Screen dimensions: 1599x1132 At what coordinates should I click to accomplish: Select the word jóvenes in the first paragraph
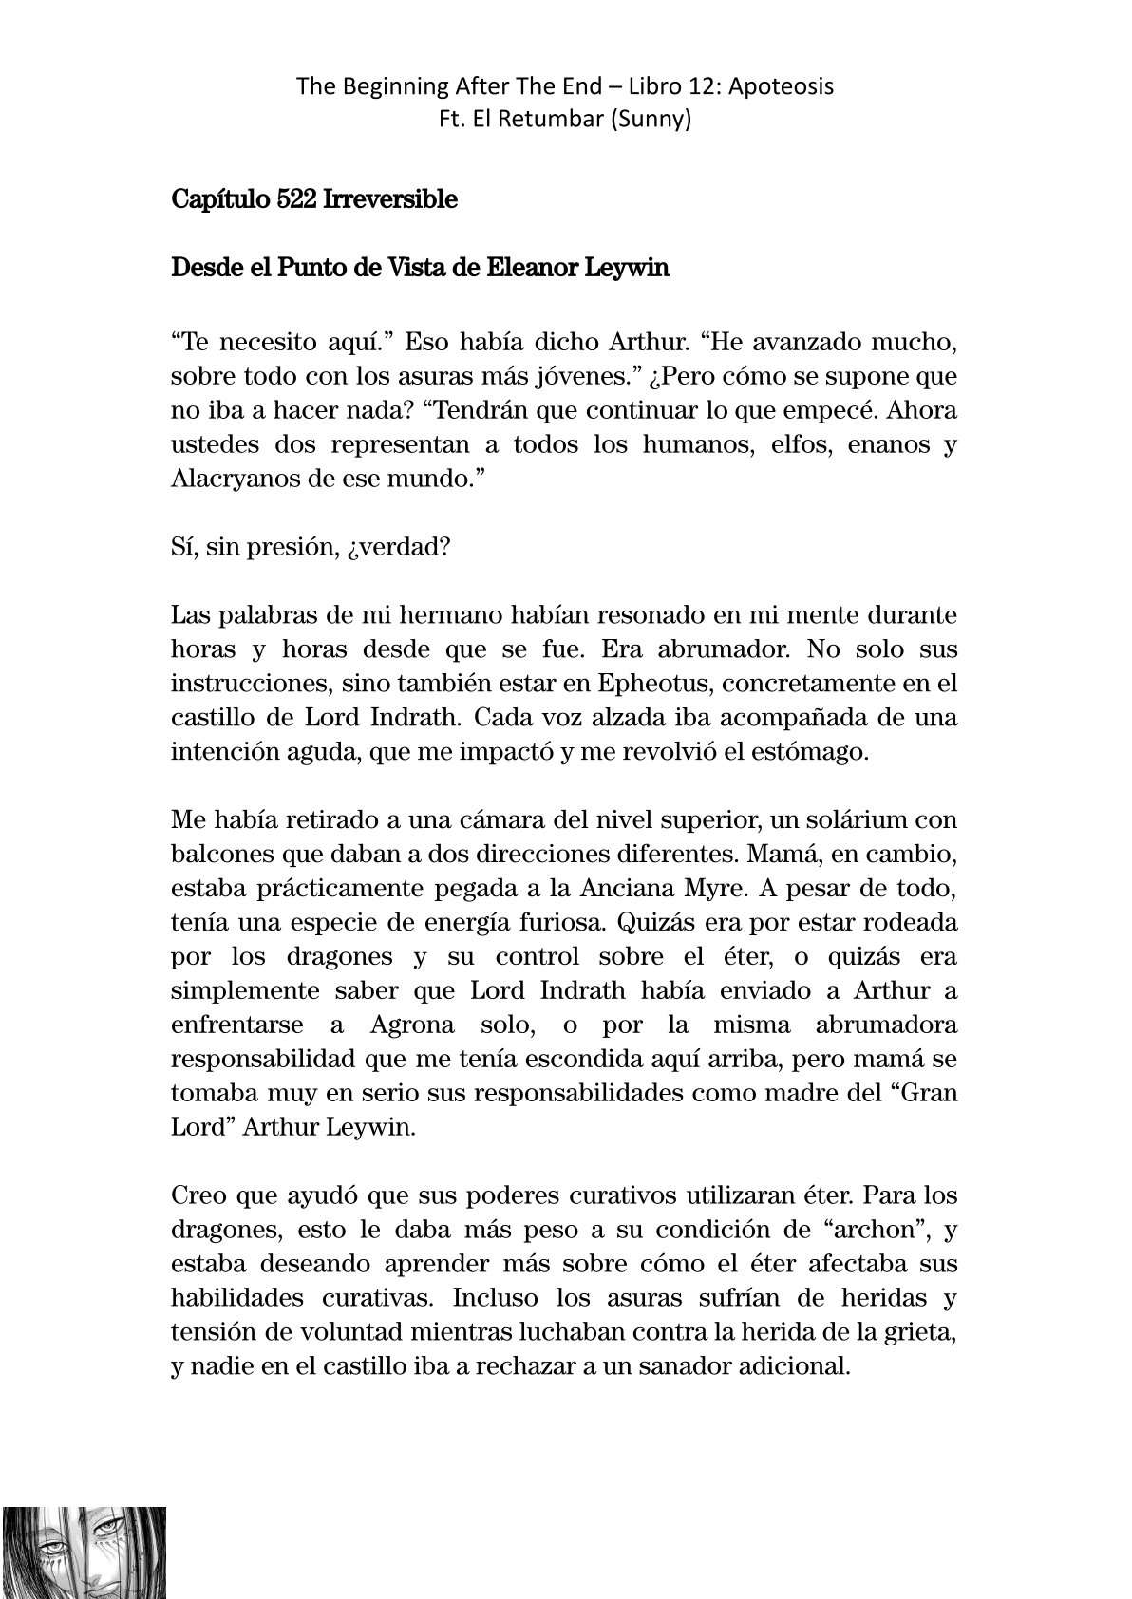tap(591, 376)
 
